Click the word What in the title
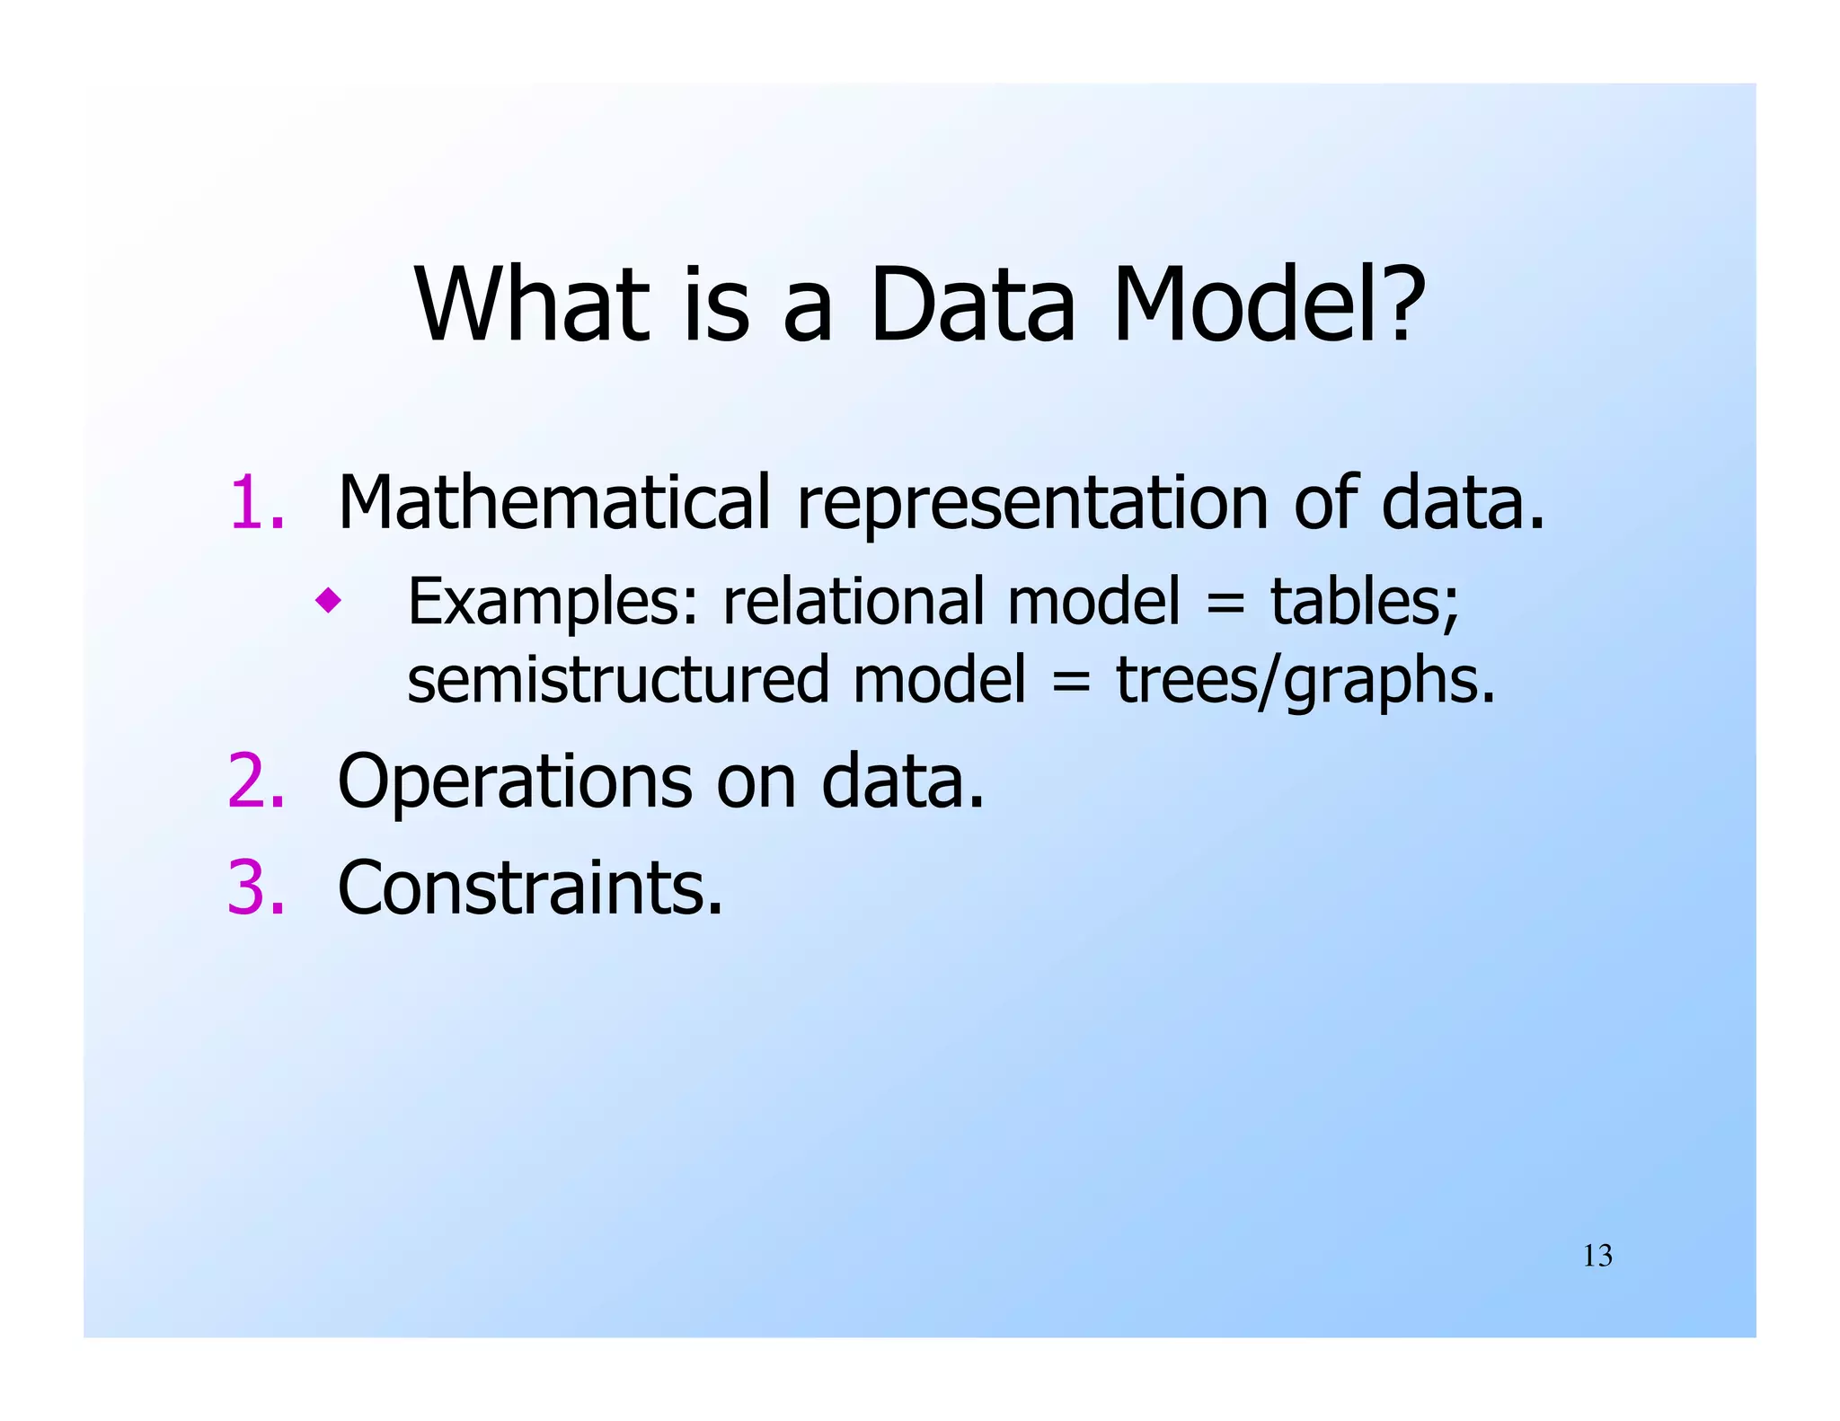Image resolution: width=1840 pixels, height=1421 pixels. click(x=531, y=305)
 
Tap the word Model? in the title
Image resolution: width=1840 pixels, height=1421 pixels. click(x=1269, y=305)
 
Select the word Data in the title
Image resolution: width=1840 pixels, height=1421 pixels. click(x=972, y=305)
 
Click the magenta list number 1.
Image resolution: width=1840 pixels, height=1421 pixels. click(x=256, y=503)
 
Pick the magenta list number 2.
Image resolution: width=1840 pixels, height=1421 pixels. click(x=256, y=782)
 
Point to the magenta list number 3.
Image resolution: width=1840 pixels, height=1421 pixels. click(x=256, y=888)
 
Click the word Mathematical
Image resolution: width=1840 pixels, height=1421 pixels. click(x=554, y=503)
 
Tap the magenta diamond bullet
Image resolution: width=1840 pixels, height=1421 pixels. click(x=328, y=600)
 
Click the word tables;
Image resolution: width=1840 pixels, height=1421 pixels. click(x=1365, y=602)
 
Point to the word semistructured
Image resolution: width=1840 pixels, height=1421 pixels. click(x=618, y=680)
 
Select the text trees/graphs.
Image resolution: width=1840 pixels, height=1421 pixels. click(x=1305, y=680)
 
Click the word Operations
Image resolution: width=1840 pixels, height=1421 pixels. click(x=515, y=782)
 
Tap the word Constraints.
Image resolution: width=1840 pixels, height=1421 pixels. click(x=530, y=888)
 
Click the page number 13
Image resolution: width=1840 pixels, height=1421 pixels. click(x=1597, y=1256)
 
